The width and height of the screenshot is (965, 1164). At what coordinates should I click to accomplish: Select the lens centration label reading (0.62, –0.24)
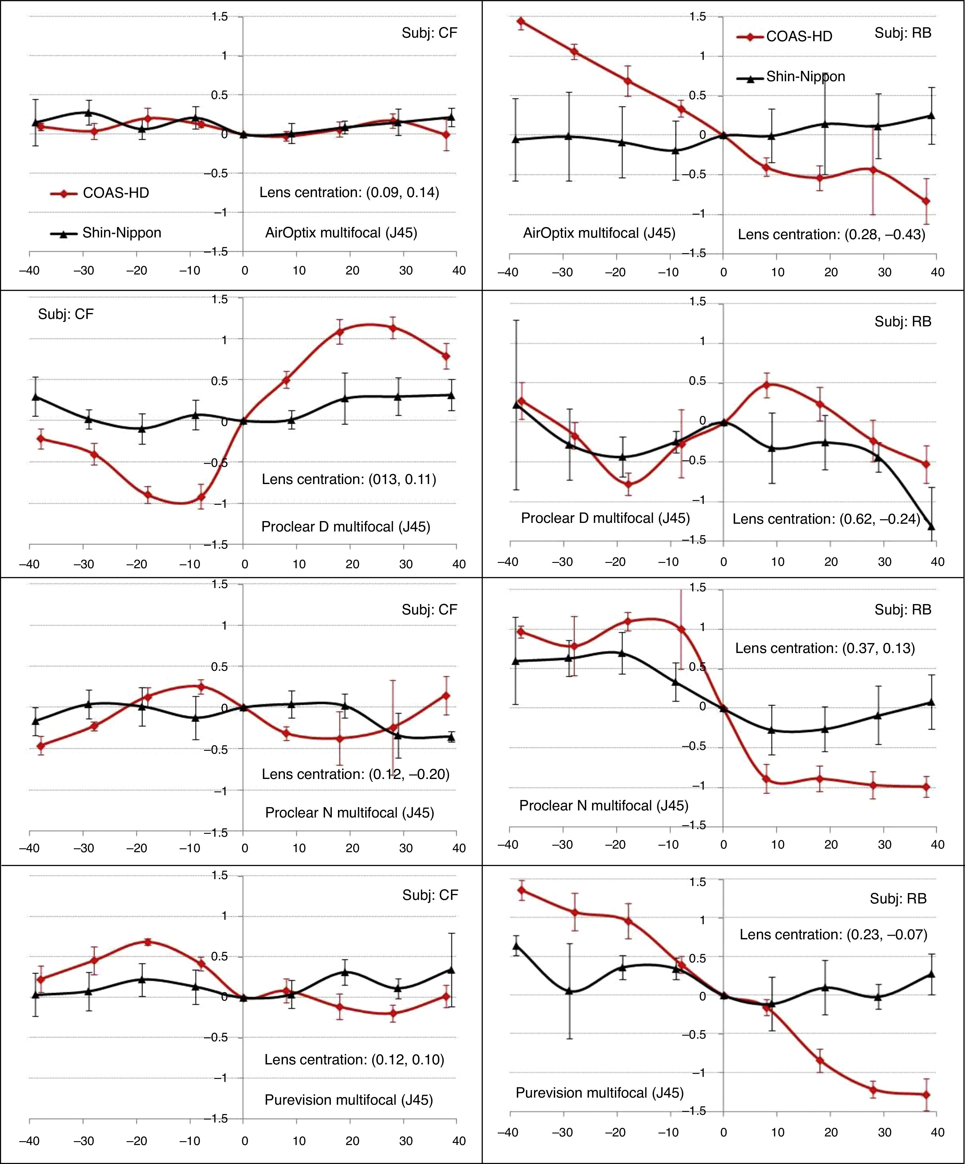click(826, 519)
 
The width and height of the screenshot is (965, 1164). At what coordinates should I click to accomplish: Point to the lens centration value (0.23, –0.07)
click(833, 935)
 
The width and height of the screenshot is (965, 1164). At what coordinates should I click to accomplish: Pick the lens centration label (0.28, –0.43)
click(831, 234)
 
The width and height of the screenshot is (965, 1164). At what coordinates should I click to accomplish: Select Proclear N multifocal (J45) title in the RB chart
click(604, 805)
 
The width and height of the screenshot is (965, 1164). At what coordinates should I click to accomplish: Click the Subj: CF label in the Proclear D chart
click(66, 314)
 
